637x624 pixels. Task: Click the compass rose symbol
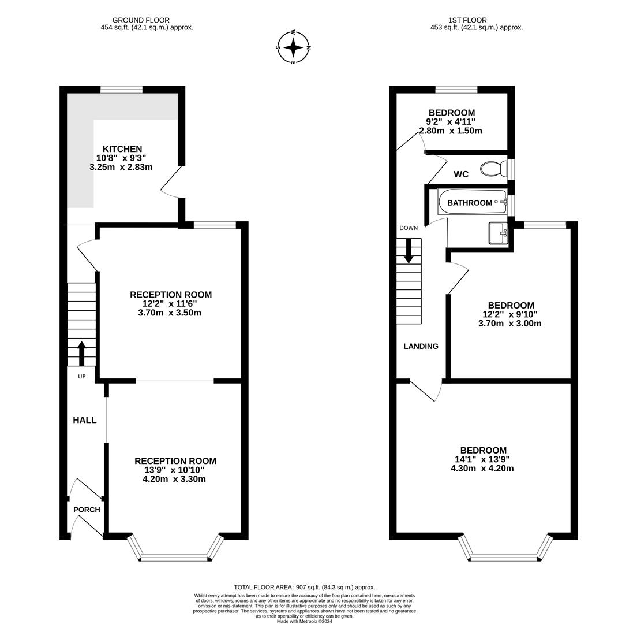(x=294, y=47)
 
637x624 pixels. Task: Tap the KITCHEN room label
(x=122, y=149)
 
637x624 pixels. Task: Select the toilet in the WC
(x=493, y=169)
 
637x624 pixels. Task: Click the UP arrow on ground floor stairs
(x=81, y=353)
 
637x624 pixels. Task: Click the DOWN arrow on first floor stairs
(x=409, y=251)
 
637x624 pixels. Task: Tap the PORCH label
(x=87, y=510)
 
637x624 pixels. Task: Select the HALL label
(x=84, y=420)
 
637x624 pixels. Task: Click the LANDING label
(x=421, y=346)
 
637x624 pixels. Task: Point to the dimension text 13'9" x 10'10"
(x=174, y=470)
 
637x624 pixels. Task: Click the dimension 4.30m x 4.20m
(x=482, y=469)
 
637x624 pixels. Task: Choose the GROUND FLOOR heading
(x=141, y=20)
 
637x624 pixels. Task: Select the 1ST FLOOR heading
(x=467, y=20)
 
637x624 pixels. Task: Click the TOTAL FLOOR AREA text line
(x=304, y=587)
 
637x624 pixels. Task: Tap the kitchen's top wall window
(x=121, y=90)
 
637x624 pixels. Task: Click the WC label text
(x=461, y=174)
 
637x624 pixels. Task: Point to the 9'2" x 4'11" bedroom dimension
(x=451, y=122)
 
